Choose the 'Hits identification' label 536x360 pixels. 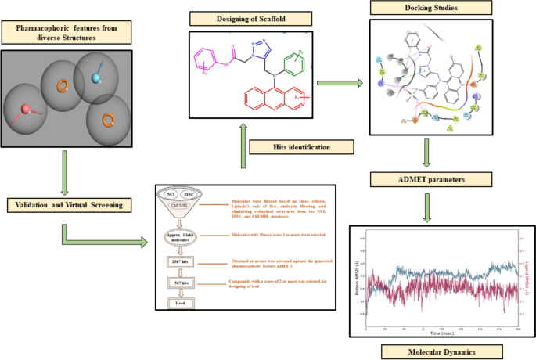click(300, 146)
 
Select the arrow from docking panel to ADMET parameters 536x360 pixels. click(426, 153)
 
